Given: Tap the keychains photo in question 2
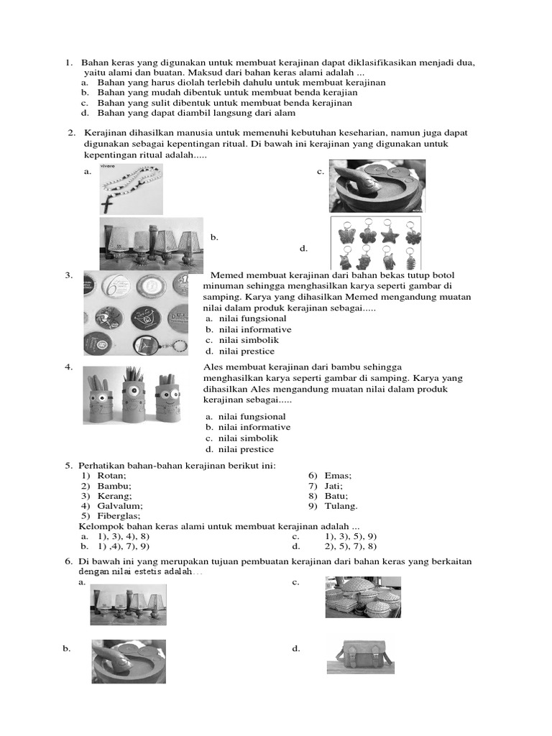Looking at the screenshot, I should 375,243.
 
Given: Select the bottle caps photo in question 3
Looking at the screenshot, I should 136,313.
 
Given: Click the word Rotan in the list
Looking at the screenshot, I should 111,476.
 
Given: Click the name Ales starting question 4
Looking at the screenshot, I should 215,367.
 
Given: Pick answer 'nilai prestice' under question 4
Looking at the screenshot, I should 247,449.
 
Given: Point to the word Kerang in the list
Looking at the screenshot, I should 114,496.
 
